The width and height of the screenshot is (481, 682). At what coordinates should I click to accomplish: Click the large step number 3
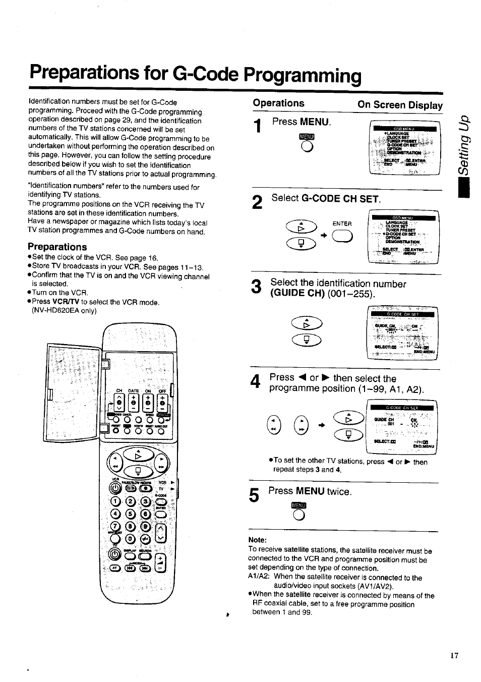(x=257, y=289)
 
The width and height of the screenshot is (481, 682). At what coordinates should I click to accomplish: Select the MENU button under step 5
(x=298, y=514)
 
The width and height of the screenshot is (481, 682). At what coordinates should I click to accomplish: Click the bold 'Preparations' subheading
(x=57, y=247)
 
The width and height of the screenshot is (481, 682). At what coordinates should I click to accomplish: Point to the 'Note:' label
(x=257, y=540)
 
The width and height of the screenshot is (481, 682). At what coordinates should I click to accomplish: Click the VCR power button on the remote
(x=114, y=488)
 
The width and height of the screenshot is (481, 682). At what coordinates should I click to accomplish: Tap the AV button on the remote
(x=115, y=568)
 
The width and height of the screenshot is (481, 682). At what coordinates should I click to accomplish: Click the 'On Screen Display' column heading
(x=400, y=105)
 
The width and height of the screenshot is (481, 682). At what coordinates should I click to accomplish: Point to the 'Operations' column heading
(x=279, y=103)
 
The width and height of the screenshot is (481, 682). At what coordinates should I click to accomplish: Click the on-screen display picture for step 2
(x=403, y=237)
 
